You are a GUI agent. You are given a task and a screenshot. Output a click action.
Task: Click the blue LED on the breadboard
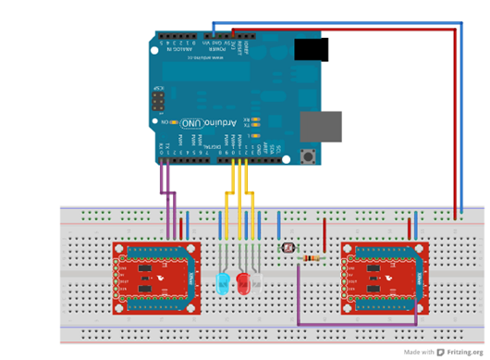tap(222, 282)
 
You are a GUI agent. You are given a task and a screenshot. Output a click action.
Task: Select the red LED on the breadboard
tap(243, 282)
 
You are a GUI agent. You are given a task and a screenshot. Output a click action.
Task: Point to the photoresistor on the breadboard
tap(288, 249)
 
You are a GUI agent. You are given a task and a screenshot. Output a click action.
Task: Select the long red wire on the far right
tap(455, 120)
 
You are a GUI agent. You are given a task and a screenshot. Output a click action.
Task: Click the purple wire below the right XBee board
tap(356, 324)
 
